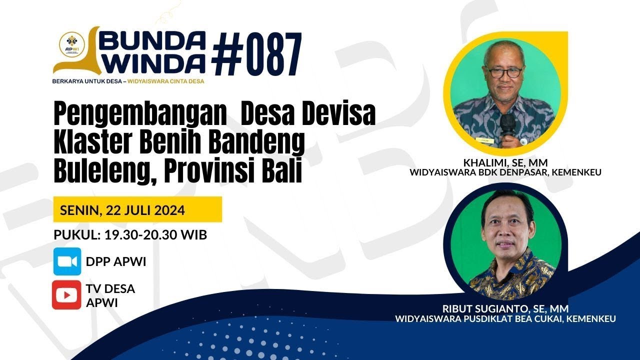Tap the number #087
point(256,53)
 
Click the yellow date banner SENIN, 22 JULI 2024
point(137,209)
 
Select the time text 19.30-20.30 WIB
point(155,235)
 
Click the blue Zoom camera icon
point(67,261)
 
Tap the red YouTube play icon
point(66,295)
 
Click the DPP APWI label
point(116,261)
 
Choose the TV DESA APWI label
point(110,295)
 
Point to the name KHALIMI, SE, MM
point(505,163)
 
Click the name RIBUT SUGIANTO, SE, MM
point(505,308)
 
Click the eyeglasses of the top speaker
point(503,72)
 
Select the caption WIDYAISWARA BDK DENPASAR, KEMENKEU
point(505,172)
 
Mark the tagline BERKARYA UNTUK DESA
point(87,81)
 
